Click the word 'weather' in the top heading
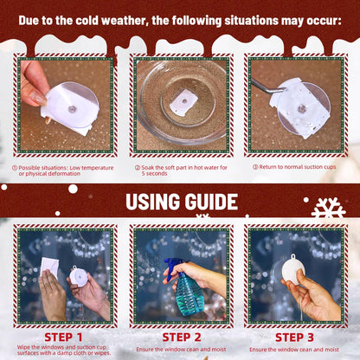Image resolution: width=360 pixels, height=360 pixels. (125, 21)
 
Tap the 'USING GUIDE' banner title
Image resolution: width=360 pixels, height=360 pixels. (182, 202)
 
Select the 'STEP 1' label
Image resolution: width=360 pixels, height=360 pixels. (63, 337)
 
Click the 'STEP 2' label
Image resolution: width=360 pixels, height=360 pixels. (182, 337)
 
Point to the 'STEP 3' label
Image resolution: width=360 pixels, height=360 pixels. (294, 337)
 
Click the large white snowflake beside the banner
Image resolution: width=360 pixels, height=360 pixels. (328, 209)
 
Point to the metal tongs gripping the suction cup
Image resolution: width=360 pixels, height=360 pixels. (267, 87)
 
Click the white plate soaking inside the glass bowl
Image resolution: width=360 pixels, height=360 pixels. (184, 102)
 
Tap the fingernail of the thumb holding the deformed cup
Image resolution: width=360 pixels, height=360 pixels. (39, 99)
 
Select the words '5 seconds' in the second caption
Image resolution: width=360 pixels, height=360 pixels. (154, 173)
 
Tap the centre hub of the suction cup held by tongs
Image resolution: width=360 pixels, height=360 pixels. (302, 108)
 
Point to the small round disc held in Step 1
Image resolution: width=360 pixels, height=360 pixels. (79, 276)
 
